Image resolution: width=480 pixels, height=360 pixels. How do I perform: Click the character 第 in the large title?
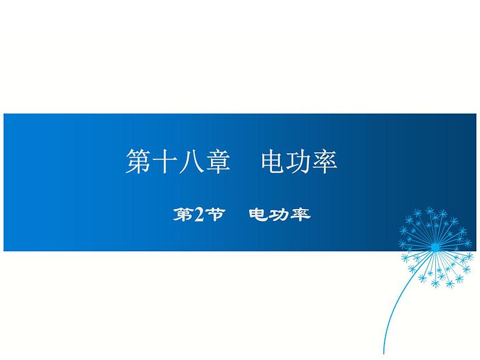click(138, 161)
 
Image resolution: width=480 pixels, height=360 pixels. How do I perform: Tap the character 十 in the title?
click(164, 161)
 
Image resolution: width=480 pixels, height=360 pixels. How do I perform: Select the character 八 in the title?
click(190, 161)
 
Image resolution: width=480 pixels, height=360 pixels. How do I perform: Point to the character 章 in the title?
click(217, 161)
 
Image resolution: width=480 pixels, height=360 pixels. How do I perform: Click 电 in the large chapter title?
click(273, 161)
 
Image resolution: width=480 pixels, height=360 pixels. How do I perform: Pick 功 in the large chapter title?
click(299, 161)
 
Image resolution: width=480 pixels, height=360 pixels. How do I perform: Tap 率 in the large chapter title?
click(325, 161)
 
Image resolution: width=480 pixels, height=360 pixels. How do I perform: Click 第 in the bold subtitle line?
click(183, 214)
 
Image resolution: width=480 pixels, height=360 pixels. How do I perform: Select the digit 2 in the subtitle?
click(199, 214)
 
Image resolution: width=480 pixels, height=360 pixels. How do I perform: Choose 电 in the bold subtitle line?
click(259, 214)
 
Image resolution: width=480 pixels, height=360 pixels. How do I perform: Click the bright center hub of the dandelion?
click(435, 247)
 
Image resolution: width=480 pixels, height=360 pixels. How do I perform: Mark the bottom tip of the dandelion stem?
click(383, 354)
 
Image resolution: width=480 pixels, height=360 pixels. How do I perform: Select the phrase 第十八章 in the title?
click(178, 161)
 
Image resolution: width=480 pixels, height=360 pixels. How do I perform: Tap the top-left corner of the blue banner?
click(4, 114)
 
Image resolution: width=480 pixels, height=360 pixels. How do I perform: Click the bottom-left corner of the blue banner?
click(4, 251)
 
